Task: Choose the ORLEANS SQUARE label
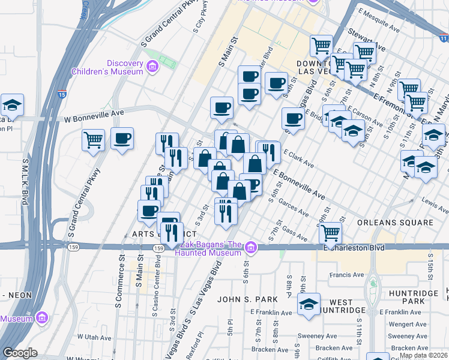click(x=395, y=223)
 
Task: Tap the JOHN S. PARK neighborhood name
click(x=248, y=299)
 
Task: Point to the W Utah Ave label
click(x=87, y=337)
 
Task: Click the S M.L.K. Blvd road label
click(x=25, y=180)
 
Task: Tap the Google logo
click(x=20, y=353)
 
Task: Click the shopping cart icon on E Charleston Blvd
click(x=330, y=232)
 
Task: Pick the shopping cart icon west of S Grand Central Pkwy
click(x=93, y=140)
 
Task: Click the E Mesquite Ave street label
click(x=379, y=12)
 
